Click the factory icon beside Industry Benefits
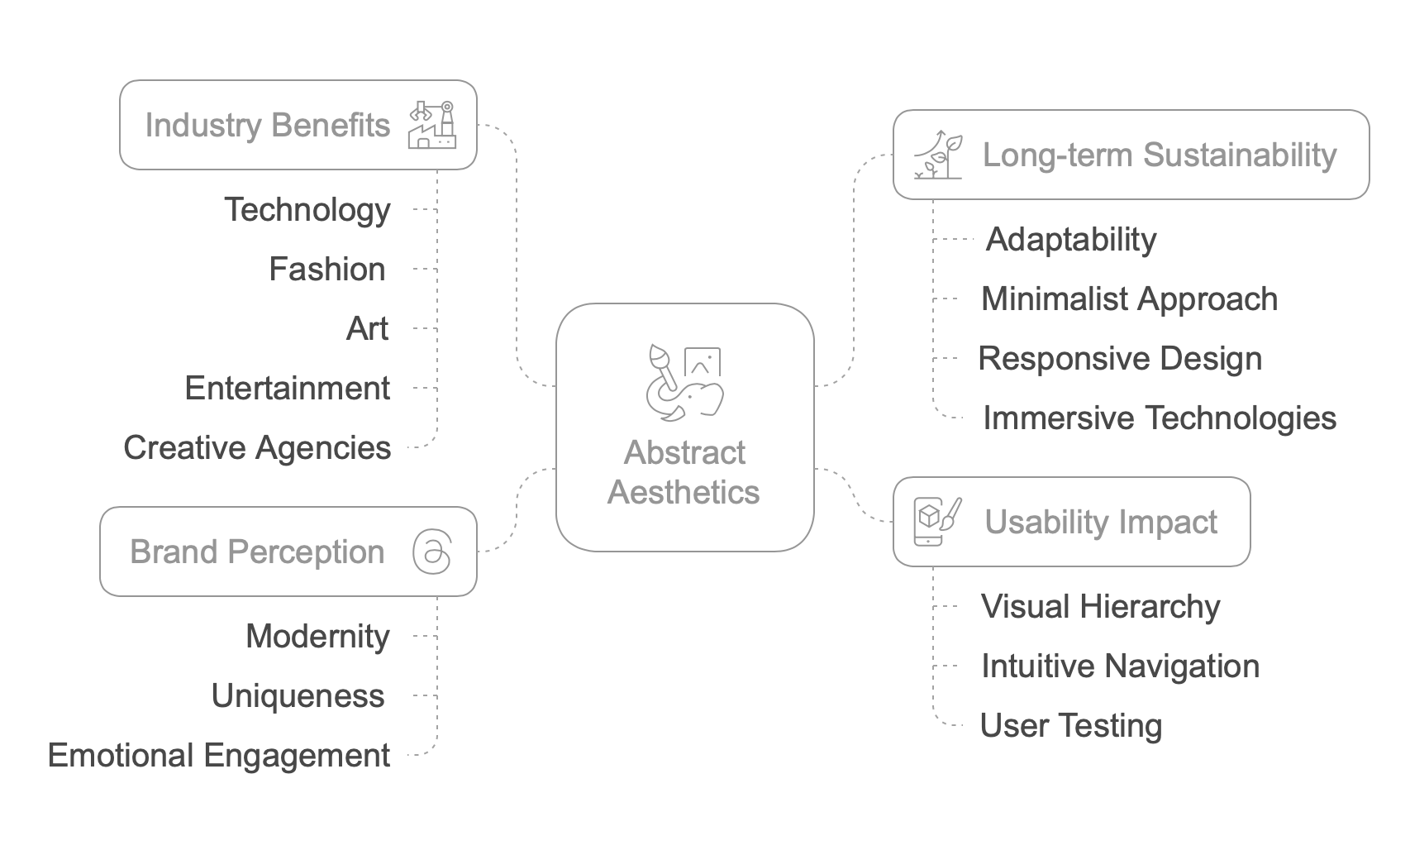[431, 125]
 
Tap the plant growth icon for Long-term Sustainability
[939, 155]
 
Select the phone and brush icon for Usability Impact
[937, 522]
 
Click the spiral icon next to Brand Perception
[432, 552]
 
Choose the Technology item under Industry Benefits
[307, 209]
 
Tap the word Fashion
[327, 269]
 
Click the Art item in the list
[367, 328]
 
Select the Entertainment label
[287, 388]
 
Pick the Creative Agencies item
[257, 447]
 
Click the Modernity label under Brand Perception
[317, 636]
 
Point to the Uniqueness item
[298, 695]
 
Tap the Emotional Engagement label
[219, 755]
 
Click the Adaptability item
[1071, 239]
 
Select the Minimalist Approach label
[1129, 299]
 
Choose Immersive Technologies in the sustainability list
[1159, 418]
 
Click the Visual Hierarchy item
[1100, 606]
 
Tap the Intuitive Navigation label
[1120, 666]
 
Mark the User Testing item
[1070, 725]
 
